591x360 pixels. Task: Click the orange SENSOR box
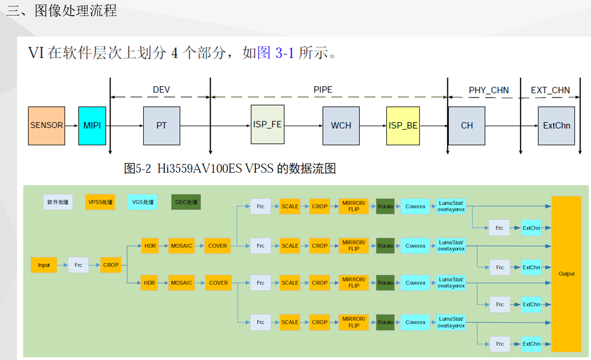47,126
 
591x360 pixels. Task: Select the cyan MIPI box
92,126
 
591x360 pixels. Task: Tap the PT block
161,126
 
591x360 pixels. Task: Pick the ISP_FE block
267,125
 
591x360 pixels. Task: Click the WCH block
341,126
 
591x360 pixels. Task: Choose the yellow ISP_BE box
403,126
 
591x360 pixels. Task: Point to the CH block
466,126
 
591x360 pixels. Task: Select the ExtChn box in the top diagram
556,126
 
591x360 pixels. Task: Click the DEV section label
161,90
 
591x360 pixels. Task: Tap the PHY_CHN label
488,90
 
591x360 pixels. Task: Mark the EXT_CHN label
550,90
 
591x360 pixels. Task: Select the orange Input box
44,265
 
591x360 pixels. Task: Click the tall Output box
566,274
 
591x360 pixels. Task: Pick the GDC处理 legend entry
186,202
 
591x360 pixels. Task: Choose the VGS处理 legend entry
143,202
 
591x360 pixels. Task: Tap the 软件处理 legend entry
58,202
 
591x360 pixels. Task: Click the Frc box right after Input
79,265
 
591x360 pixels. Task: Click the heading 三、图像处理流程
62,11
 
